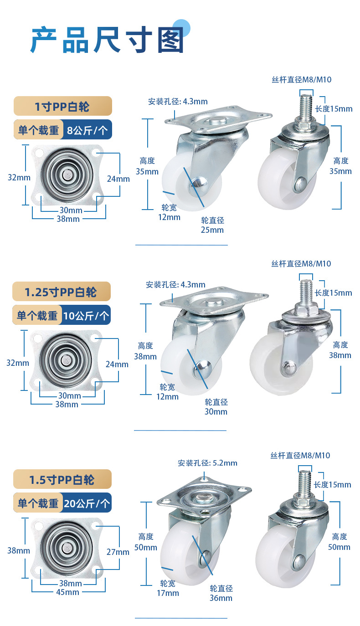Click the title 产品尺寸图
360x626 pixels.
point(108,40)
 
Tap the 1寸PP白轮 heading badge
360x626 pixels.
point(63,106)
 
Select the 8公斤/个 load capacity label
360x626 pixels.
point(87,130)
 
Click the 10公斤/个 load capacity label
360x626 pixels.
point(86,316)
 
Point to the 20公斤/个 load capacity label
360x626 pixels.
point(87,503)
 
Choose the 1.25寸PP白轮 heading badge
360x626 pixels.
point(62,292)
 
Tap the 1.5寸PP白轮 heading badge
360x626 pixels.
point(62,479)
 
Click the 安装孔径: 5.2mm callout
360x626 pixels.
point(207,463)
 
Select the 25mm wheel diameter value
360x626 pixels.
point(212,230)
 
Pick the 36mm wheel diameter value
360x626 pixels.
point(221,598)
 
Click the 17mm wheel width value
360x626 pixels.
point(168,593)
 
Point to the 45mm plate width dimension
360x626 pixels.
point(67,592)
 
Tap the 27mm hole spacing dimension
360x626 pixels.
point(118,552)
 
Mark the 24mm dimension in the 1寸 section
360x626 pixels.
point(118,179)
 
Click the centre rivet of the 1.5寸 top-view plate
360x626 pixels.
point(67,548)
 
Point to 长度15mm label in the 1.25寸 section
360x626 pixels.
point(333,293)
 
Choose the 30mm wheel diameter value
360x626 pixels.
point(216,412)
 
